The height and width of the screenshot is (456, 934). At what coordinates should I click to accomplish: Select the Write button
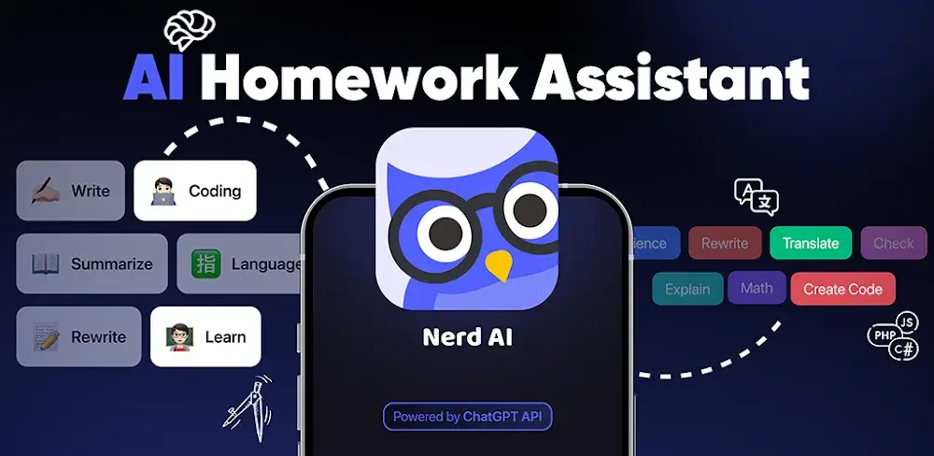(x=71, y=191)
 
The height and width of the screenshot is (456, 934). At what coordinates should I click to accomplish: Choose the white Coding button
(x=195, y=191)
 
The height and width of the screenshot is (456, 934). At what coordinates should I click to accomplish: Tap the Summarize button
(x=92, y=264)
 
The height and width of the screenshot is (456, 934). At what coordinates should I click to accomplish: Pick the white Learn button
(x=205, y=336)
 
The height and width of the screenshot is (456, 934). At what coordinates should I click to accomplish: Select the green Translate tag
(x=811, y=243)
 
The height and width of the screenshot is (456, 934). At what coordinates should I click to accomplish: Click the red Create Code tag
(x=842, y=289)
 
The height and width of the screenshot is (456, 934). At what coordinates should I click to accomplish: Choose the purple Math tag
(x=757, y=288)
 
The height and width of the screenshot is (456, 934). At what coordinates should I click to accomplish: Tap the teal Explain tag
(x=687, y=289)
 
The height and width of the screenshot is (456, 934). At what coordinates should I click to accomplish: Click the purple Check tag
(x=894, y=243)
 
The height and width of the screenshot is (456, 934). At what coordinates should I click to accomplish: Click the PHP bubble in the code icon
(x=881, y=334)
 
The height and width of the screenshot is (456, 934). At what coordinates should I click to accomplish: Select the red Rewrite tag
(x=725, y=243)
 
